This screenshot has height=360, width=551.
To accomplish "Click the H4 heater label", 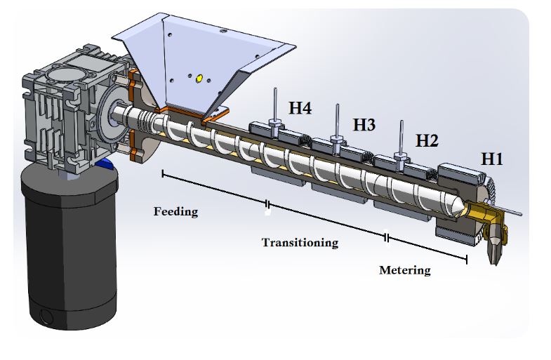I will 300,109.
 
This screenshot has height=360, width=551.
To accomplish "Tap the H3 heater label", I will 364,126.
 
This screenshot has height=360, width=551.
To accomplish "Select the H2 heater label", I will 427,140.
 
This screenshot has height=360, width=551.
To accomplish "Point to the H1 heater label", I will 491,159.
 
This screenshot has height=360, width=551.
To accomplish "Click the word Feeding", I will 175,211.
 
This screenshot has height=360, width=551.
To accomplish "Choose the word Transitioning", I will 300,243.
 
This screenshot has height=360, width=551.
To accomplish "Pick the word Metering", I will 405,270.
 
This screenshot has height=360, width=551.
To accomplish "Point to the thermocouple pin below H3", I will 338,121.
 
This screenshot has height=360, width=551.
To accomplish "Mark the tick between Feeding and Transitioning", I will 267,206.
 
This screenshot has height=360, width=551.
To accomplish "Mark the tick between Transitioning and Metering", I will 387,238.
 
